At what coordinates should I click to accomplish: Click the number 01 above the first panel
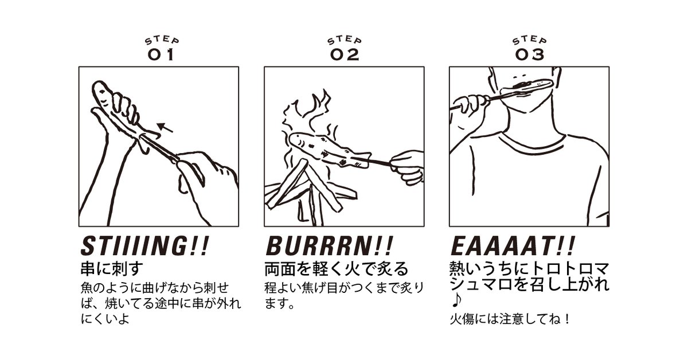pos(161,54)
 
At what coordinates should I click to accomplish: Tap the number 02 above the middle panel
pos(345,54)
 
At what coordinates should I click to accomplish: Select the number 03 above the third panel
pos(529,54)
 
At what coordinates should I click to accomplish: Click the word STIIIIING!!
pos(145,246)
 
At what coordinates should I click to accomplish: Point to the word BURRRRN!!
pos(329,246)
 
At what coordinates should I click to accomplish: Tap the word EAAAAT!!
pos(513,246)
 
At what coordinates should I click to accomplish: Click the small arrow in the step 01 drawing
pos(165,127)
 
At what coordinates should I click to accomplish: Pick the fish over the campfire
pos(330,150)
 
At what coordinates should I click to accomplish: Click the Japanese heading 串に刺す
pos(112,268)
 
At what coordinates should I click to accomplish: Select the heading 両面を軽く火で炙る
pos(337,268)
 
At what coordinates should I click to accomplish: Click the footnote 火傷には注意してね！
pos(510,319)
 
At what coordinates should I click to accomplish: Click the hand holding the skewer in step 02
pos(407,168)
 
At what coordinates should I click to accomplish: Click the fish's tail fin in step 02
pos(362,160)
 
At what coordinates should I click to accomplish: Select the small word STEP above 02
pos(345,41)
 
